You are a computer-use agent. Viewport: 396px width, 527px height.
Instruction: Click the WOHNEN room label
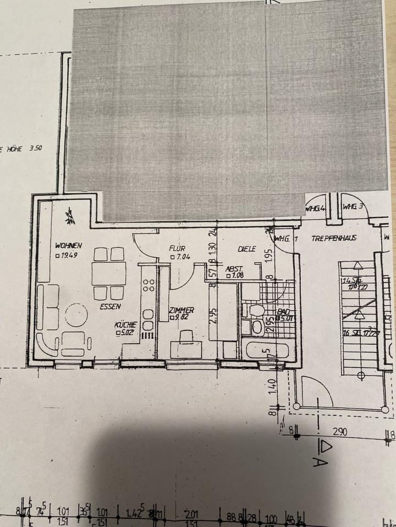coord(68,245)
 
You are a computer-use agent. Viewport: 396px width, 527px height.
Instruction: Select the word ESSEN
coord(111,307)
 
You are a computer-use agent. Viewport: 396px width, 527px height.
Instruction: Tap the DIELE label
coord(248,249)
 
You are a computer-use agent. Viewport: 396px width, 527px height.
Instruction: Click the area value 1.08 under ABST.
coord(239,276)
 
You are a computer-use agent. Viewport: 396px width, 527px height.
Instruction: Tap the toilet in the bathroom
coord(256,310)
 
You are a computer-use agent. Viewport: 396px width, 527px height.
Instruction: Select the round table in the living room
coord(76,316)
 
